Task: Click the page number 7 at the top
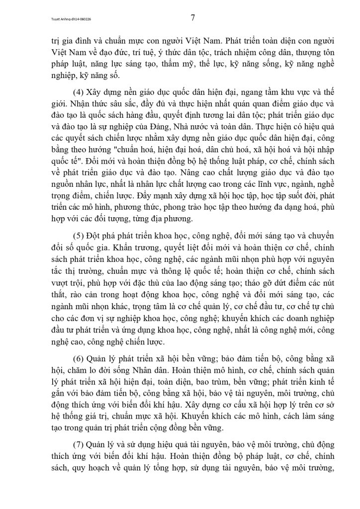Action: [193, 18]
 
